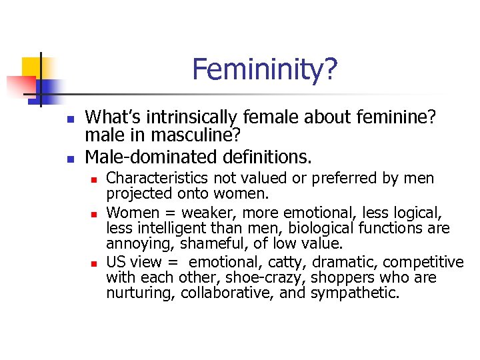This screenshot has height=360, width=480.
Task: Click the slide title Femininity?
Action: tap(265, 69)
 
